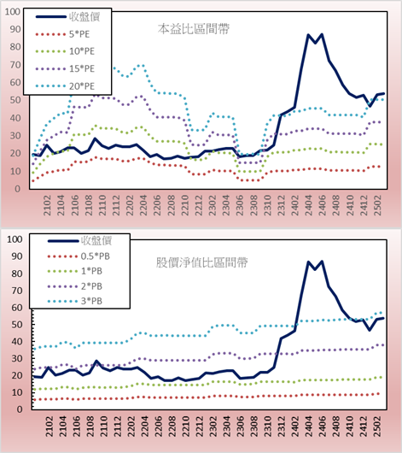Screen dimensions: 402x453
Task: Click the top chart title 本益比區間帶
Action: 194,29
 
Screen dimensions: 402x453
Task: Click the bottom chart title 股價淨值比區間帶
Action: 201,262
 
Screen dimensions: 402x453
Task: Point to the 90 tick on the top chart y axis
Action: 15,29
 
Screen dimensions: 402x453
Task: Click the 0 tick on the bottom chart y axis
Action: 19,409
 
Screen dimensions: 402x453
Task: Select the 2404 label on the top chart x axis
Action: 308,205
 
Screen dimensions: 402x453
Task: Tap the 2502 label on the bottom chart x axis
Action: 377,427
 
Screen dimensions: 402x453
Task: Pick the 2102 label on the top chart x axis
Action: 47,205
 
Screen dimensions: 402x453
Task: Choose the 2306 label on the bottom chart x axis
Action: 240,427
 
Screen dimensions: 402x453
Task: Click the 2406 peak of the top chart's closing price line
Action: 322,34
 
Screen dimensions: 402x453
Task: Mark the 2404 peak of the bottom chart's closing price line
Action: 308,262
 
